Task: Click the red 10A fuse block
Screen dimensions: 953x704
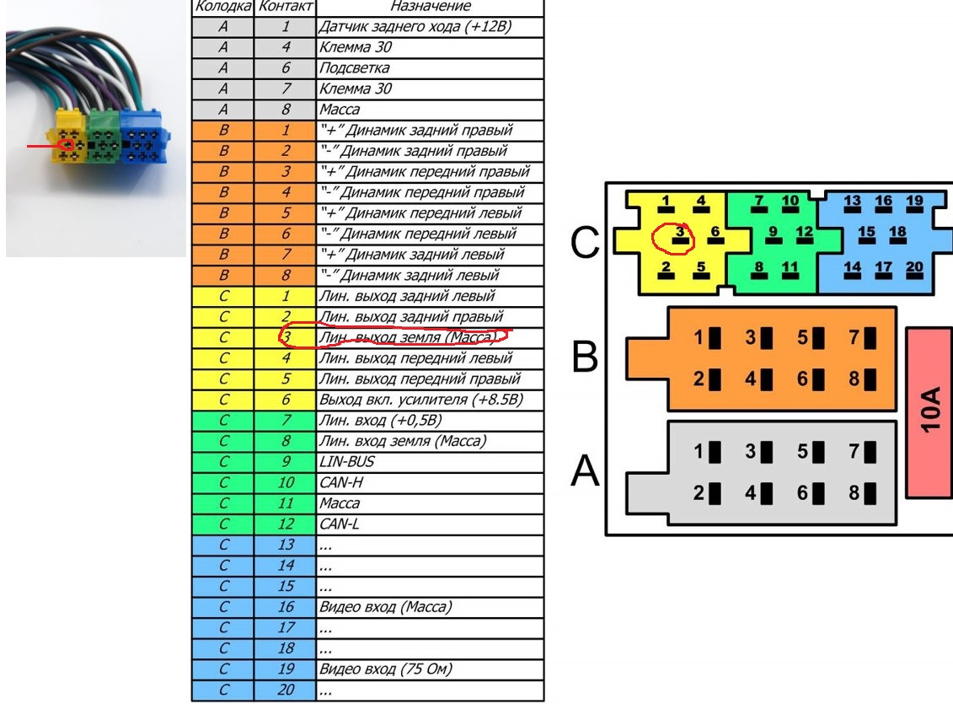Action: coord(929,413)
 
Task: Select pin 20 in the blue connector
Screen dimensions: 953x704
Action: coord(914,270)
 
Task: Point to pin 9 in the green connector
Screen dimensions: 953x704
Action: coord(773,234)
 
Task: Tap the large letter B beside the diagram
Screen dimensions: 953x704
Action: coord(586,357)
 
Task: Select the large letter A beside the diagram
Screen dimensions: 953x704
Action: coord(586,471)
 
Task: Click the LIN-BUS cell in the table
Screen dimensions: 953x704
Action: coord(430,462)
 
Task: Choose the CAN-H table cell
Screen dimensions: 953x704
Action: coord(430,483)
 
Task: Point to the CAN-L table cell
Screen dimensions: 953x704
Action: coord(430,524)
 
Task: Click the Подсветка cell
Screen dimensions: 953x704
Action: coord(430,68)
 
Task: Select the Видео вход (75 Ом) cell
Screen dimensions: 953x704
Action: coord(430,669)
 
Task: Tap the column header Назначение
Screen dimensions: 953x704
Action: coord(430,7)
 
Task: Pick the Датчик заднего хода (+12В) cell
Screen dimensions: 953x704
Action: coord(430,27)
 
